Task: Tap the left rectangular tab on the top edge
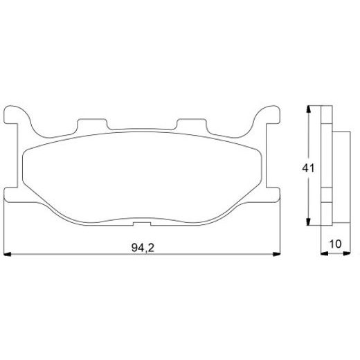(93, 125)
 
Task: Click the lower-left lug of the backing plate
(12, 194)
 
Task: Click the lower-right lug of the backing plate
(272, 194)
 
